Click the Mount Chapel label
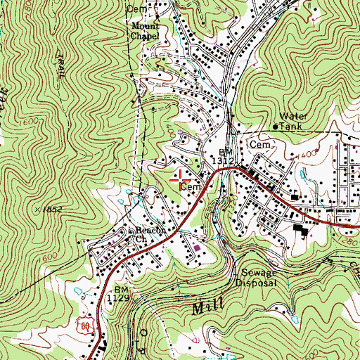click(x=145, y=30)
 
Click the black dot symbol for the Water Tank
click(x=275, y=127)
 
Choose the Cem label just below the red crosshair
click(x=191, y=188)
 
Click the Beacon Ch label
click(x=142, y=233)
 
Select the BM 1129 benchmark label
click(x=122, y=294)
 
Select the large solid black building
click(x=301, y=231)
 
